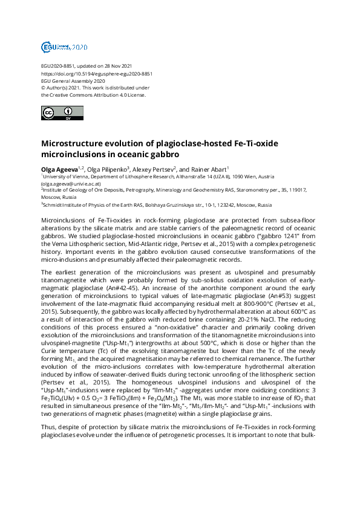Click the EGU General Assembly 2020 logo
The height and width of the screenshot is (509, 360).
click(x=64, y=47)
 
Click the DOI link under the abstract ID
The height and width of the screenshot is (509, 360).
click(x=96, y=73)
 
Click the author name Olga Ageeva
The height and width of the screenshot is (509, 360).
click(x=59, y=169)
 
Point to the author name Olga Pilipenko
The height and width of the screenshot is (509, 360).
click(x=106, y=169)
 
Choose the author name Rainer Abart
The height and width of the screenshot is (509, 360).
click(x=208, y=169)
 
